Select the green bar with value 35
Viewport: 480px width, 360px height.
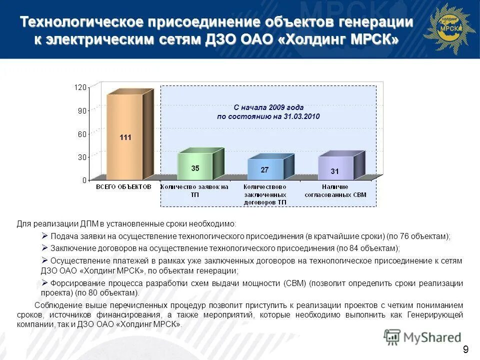tap(195, 167)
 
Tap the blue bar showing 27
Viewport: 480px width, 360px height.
tap(265, 169)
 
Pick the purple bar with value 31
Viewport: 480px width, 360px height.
tap(335, 169)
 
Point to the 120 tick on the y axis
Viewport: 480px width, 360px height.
tap(80, 87)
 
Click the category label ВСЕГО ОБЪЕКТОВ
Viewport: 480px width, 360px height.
tap(123, 186)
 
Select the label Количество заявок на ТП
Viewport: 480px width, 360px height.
tap(194, 190)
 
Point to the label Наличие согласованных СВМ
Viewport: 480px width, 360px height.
tap(335, 190)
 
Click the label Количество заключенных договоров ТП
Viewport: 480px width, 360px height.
tap(265, 194)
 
